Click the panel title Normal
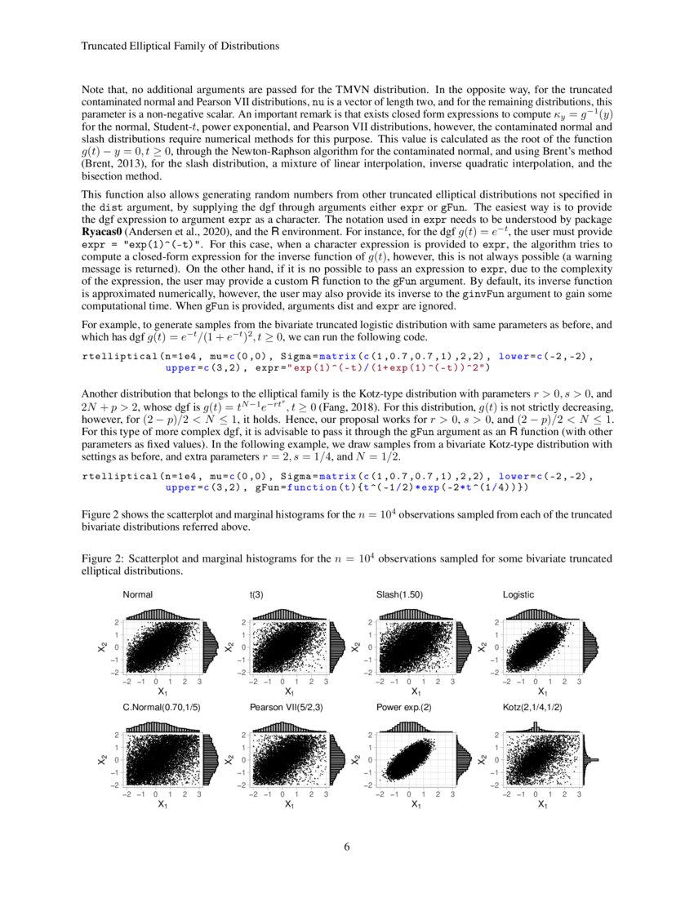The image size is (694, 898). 137,594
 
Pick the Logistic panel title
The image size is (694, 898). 518,594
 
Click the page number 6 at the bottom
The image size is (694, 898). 347,847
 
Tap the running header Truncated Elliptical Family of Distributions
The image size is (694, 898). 181,47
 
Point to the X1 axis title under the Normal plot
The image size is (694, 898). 162,691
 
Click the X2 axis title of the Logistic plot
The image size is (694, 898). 483,647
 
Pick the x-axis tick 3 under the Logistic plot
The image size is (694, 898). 579,679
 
